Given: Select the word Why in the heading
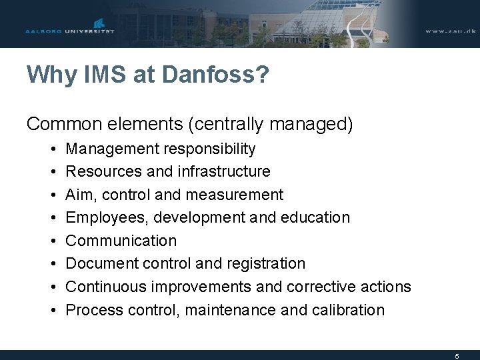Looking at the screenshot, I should [50, 75].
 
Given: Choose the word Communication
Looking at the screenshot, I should [121, 241].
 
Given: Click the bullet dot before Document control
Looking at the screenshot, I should [52, 264].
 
